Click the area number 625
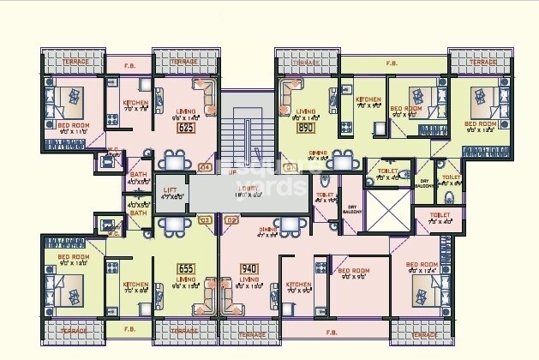coord(184,128)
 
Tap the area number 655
coord(185,268)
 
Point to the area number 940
coord(249,268)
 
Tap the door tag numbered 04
coord(204,167)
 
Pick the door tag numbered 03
coord(204,219)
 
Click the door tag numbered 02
coord(231,219)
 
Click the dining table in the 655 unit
coord(174,227)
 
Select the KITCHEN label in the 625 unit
coord(135,103)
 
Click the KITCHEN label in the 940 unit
coord(298,285)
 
